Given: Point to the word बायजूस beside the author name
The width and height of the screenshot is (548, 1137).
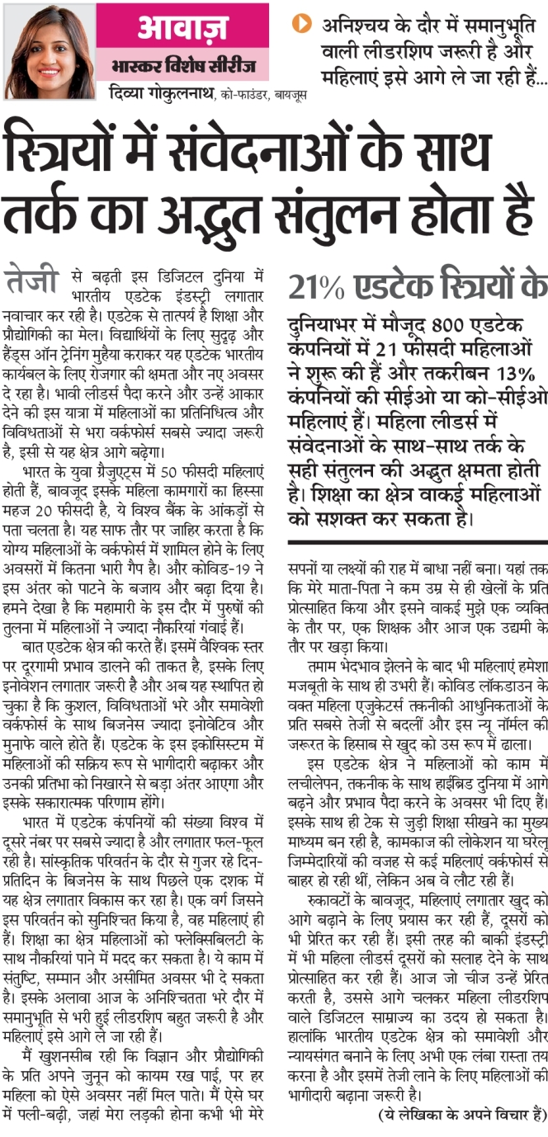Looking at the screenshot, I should tap(288, 96).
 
